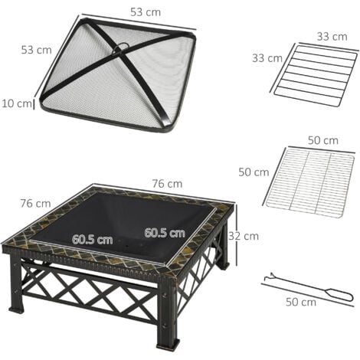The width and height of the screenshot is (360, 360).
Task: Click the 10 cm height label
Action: pos(16,103)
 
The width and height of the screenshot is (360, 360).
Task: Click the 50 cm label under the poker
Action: pos(300,302)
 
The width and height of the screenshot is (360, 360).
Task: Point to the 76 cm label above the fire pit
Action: pos(168,183)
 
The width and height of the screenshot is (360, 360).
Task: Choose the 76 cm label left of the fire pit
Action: pos(34,203)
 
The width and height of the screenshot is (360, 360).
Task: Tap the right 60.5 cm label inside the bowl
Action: pos(164,232)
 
